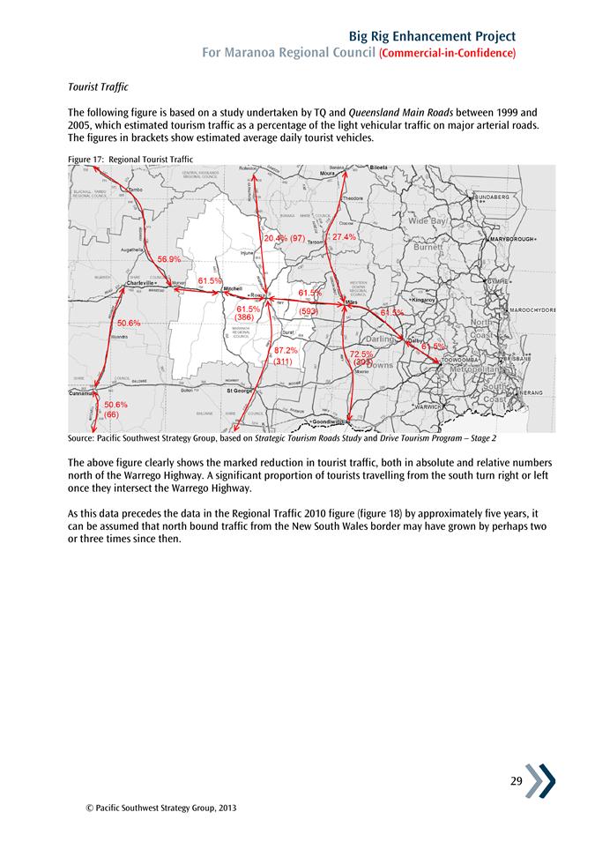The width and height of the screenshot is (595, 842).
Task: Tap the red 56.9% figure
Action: click(x=168, y=259)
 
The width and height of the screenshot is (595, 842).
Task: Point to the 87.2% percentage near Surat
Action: click(x=286, y=351)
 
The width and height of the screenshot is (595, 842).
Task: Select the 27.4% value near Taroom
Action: click(x=344, y=237)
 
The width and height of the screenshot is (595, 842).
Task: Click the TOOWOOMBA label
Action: click(x=459, y=361)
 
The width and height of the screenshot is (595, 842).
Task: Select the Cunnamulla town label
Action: click(x=86, y=394)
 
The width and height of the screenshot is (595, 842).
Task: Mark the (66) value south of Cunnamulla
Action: click(x=112, y=414)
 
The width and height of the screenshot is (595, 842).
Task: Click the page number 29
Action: click(x=516, y=780)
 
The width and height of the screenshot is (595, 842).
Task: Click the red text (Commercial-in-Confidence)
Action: click(x=447, y=54)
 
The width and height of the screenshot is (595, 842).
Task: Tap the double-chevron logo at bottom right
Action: click(x=542, y=781)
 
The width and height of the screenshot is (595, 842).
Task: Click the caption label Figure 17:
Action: click(x=86, y=159)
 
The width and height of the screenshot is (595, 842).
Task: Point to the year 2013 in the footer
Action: click(x=227, y=807)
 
